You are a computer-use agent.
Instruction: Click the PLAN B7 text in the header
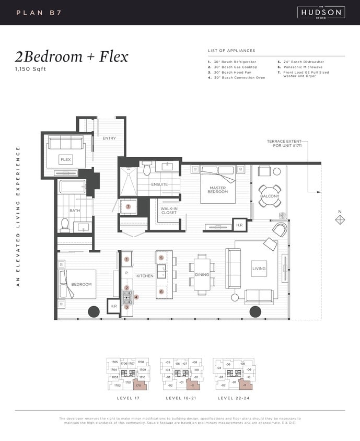coord(39,12)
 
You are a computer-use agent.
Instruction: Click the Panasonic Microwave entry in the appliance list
coord(303,67)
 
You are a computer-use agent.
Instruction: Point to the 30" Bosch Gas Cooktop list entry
coord(234,67)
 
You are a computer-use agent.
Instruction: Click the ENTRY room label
coord(109,138)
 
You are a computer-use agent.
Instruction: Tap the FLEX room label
coord(66,159)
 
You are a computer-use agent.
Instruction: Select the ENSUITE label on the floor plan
coord(159,184)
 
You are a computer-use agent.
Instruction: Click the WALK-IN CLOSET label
coord(169,211)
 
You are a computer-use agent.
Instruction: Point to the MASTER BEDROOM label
coord(217,190)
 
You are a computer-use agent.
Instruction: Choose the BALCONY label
coord(270,196)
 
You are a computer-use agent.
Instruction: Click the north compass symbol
coord(340,219)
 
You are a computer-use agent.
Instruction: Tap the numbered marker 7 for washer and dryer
coord(128,206)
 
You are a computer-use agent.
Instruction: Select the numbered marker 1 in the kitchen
coord(126,259)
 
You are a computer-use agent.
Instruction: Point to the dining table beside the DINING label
coord(202,274)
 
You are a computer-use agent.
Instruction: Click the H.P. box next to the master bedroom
coord(239,225)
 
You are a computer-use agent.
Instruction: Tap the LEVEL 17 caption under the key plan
coord(127,398)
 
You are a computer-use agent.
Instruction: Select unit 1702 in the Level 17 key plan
coord(118,385)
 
